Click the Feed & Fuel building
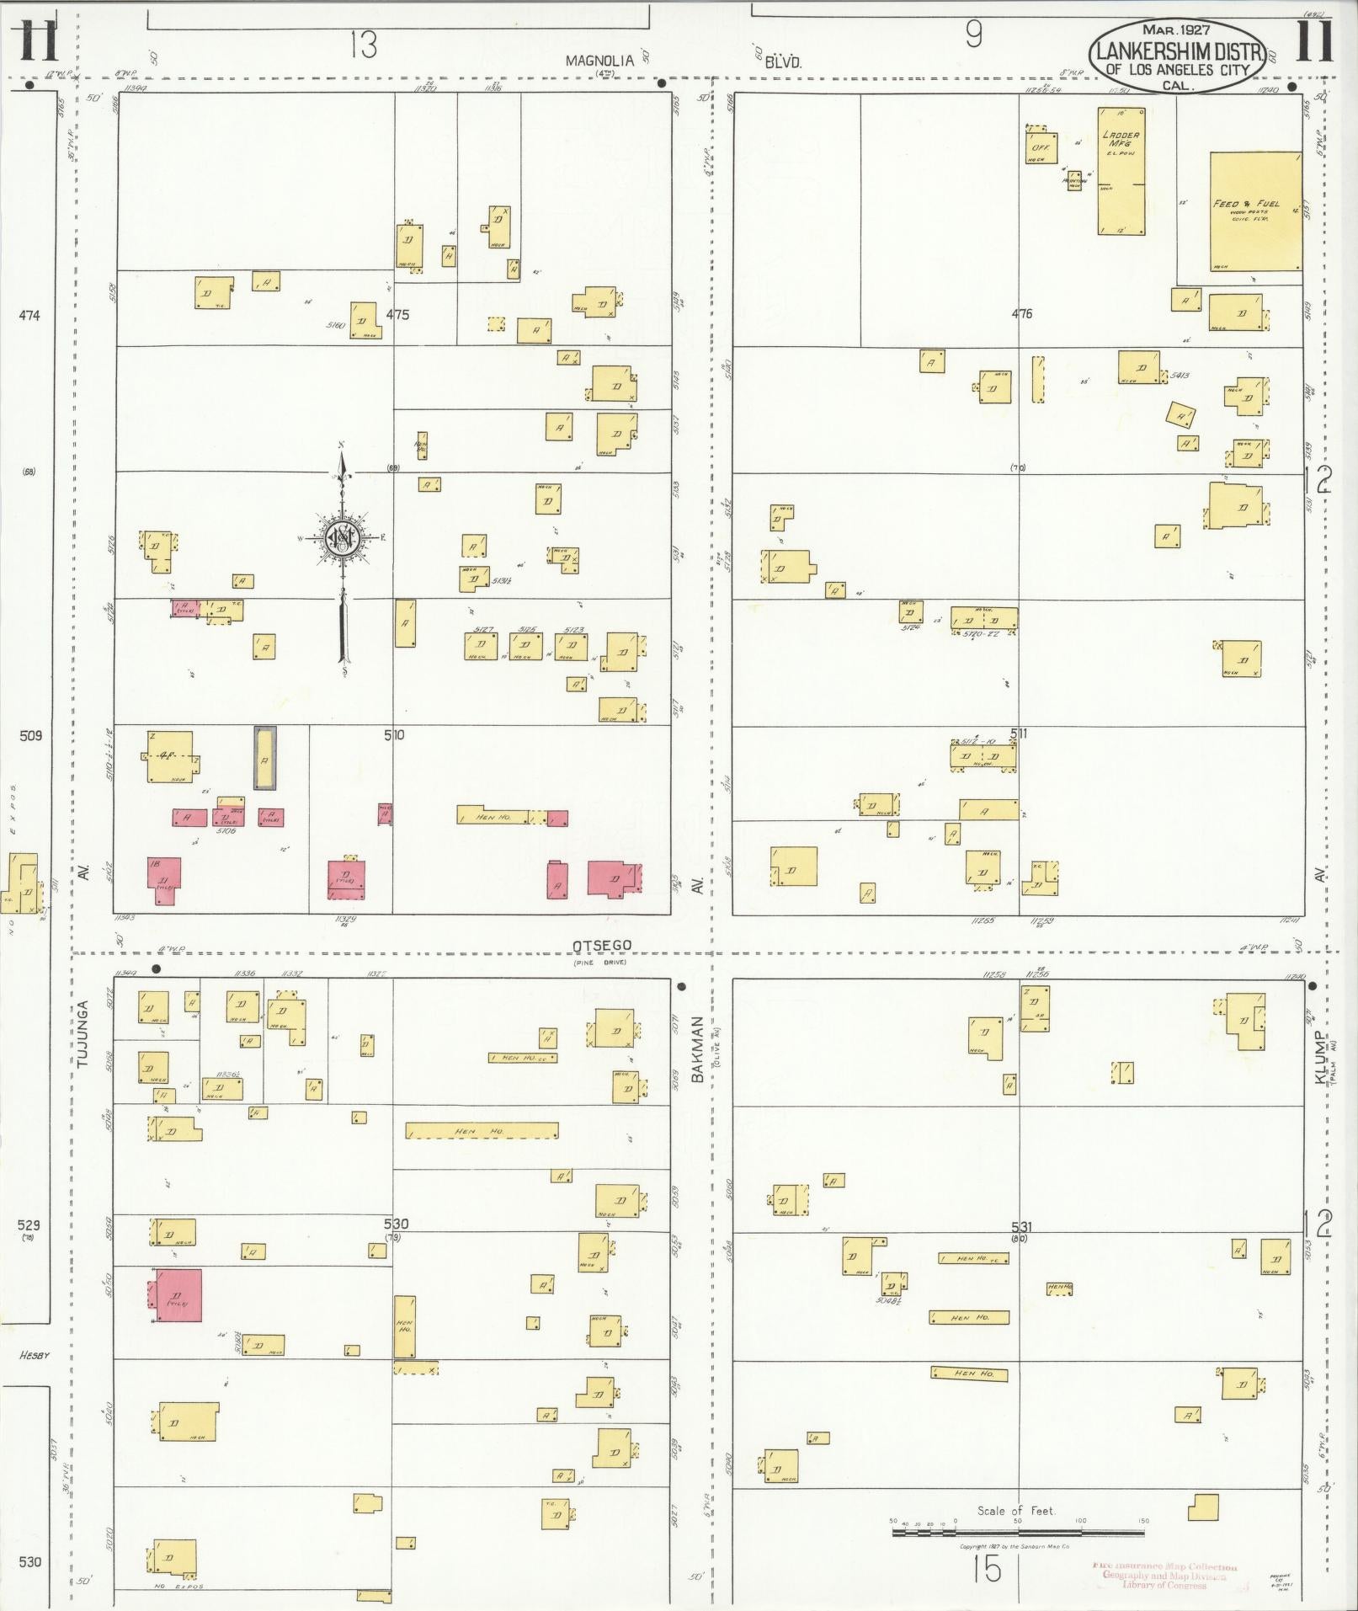pos(1255,211)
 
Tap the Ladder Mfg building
pos(1121,170)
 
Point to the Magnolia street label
pos(599,61)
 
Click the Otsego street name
pos(601,946)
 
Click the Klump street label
pos(1320,1058)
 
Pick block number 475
pos(397,314)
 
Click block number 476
pos(1021,314)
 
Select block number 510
pos(393,735)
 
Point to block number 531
pos(1021,1227)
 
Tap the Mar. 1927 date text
pos(1176,30)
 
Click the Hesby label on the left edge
pos(35,1356)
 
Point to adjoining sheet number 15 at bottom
pos(989,1570)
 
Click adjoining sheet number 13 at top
pos(363,44)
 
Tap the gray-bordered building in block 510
pos(264,758)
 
